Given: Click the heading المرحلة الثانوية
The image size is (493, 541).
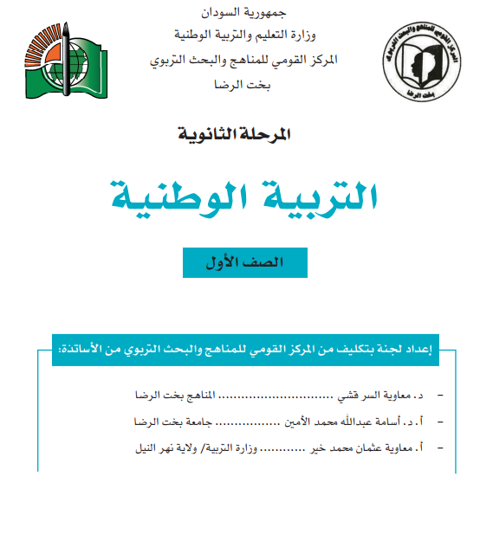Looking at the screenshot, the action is point(245,135).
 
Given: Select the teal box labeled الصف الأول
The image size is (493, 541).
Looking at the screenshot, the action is point(245,261).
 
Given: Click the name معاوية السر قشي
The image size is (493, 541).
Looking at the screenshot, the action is point(373,396).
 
